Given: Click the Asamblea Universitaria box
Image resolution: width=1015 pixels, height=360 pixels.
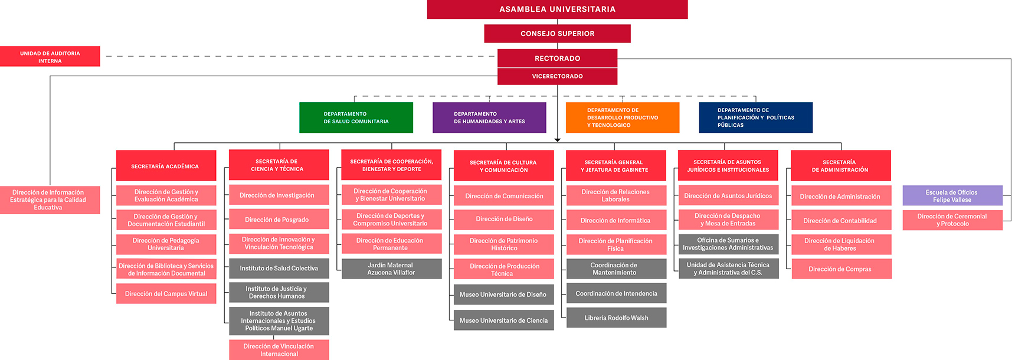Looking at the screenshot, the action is [557, 9].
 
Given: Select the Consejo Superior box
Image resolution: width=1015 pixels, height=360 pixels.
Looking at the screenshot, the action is [557, 34].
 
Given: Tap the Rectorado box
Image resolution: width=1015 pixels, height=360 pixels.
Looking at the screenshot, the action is [557, 58].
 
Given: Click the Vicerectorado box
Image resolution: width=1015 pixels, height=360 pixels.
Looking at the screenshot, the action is [557, 76].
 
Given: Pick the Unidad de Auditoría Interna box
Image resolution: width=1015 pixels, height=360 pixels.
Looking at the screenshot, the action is [50, 57].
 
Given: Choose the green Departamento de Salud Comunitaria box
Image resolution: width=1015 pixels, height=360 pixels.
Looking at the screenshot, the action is [356, 117].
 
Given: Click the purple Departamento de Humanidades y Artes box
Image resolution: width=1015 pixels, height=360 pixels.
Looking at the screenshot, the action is [489, 117].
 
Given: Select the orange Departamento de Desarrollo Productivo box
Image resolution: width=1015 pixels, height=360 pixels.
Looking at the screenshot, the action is [623, 117].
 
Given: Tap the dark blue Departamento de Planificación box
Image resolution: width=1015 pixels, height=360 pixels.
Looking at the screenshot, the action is [755, 117].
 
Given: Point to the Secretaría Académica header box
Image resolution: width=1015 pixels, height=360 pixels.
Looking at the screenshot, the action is [166, 166].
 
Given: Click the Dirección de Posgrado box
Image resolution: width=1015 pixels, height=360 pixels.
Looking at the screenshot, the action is [279, 220].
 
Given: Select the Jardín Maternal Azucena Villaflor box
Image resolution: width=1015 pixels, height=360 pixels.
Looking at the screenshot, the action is [391, 269].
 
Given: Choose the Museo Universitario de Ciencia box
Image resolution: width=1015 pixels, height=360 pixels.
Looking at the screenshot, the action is [503, 320].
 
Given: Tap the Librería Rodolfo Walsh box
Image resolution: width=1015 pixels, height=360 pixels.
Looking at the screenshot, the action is [616, 318].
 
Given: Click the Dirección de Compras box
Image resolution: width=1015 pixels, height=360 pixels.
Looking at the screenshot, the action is [841, 269].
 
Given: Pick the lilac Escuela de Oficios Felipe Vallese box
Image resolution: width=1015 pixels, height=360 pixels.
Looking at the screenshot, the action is [952, 196].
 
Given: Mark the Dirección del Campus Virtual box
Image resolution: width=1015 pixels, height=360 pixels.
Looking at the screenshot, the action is [166, 293].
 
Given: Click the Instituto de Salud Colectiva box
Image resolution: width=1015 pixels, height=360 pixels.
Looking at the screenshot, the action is [279, 269].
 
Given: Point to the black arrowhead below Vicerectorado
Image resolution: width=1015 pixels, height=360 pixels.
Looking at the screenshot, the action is [557, 140].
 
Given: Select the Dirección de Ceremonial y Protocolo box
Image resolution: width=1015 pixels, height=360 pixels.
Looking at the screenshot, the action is [952, 220].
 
